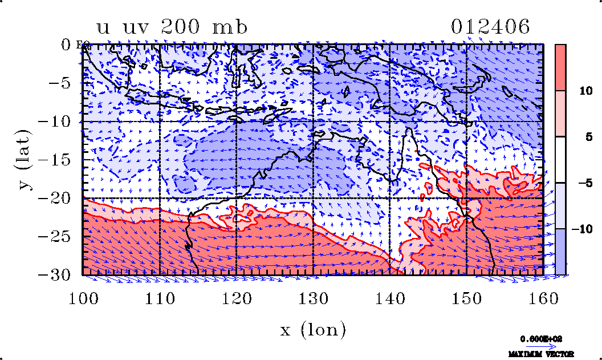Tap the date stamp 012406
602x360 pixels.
(490, 27)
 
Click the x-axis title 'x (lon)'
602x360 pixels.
(313, 329)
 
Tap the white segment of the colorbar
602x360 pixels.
(560, 160)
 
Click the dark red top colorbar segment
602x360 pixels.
(560, 67)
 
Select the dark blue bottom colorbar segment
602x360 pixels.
(560, 252)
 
